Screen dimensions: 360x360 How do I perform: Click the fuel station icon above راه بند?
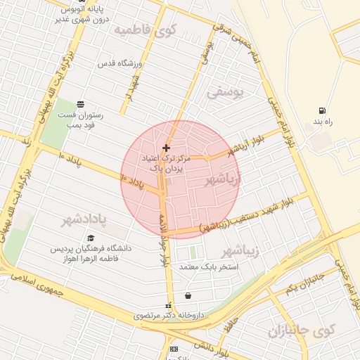(322, 110)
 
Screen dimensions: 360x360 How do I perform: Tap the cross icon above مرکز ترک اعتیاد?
(166, 148)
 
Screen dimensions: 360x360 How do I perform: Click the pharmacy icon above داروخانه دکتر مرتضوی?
(168, 306)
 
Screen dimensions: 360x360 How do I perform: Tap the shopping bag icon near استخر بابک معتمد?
(188, 295)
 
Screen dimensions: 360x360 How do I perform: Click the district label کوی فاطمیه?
(146, 30)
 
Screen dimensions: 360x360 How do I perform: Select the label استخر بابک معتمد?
(210, 267)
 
